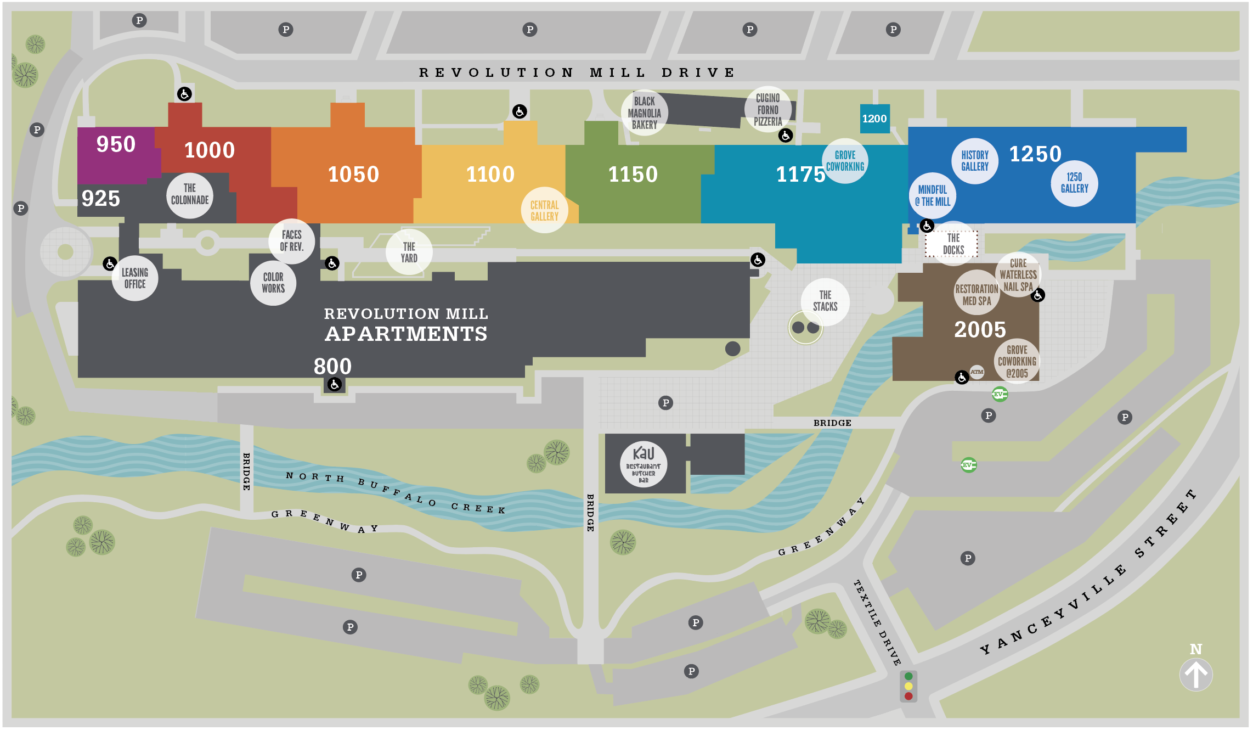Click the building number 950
tap(116, 144)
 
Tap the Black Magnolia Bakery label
tap(644, 113)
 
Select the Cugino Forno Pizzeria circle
tap(767, 110)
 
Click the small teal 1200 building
tap(874, 119)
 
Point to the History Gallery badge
tap(974, 161)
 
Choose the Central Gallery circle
tap(544, 210)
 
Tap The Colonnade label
tap(189, 194)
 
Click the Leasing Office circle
tap(135, 278)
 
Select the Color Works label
tap(273, 283)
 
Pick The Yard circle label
tap(409, 252)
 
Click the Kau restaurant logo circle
tap(643, 465)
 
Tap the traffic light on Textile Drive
tap(908, 686)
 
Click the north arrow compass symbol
tap(1196, 673)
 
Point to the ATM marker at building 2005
tap(977, 372)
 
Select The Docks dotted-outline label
tap(953, 244)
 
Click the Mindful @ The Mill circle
tap(932, 196)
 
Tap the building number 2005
tap(980, 329)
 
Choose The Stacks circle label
tap(825, 301)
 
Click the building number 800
tap(332, 366)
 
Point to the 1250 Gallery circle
tap(1074, 183)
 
